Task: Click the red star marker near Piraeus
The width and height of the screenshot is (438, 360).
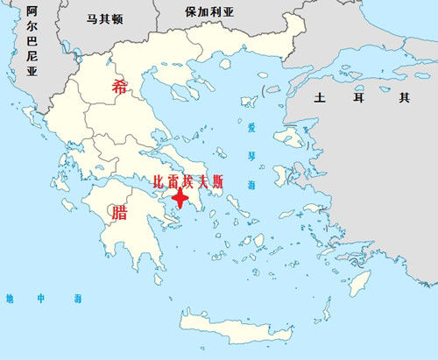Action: (180, 198)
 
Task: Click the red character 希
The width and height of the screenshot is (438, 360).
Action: (120, 86)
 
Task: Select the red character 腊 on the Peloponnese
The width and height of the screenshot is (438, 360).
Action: (117, 213)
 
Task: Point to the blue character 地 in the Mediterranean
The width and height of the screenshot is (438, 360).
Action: (10, 299)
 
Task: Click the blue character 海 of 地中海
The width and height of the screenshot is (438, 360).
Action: (76, 299)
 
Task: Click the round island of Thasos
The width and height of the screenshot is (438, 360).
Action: (225, 63)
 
